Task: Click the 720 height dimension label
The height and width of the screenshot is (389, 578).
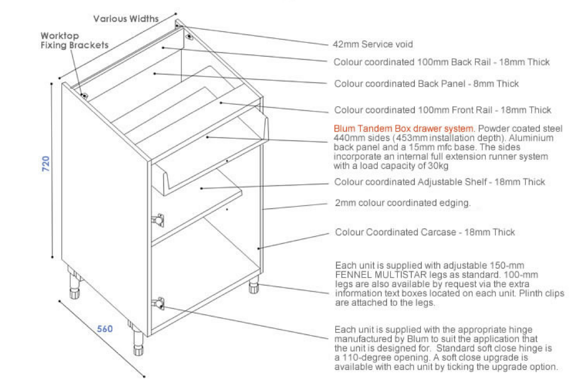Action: [x=46, y=163]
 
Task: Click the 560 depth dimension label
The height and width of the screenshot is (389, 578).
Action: [x=105, y=329]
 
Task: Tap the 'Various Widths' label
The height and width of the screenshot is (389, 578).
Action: [x=126, y=18]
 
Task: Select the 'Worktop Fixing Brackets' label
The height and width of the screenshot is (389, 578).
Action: [x=74, y=40]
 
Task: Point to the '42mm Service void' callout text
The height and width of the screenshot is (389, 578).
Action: [x=372, y=44]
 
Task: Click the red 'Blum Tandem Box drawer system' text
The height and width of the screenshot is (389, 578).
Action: [x=404, y=128]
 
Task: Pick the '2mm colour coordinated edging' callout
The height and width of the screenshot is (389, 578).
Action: [x=403, y=203]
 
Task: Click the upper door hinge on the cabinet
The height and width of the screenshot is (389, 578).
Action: [x=158, y=220]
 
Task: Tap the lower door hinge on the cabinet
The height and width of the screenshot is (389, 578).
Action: [x=158, y=303]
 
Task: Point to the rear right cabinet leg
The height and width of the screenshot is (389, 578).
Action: [x=254, y=285]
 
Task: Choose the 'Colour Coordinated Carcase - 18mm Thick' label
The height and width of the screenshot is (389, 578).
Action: [x=425, y=232]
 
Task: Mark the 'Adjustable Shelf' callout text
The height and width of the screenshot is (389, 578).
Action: [x=452, y=182]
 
